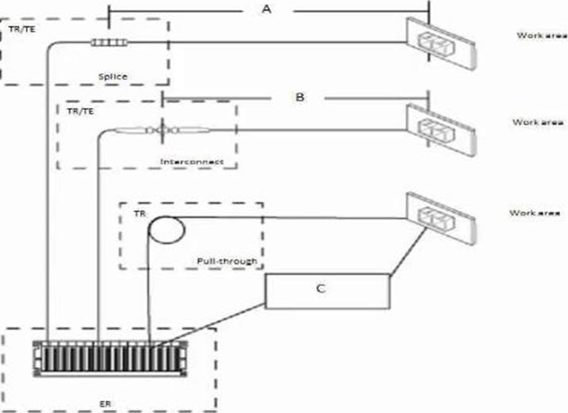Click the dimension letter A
click(267, 9)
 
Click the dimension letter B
click(300, 97)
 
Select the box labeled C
click(328, 292)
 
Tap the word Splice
click(113, 77)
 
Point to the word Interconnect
click(192, 162)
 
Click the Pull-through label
click(227, 261)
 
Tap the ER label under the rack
click(106, 403)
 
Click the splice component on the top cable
click(109, 43)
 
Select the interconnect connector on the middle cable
click(163, 130)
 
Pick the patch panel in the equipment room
click(110, 358)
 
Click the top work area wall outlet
click(441, 44)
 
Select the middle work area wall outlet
click(441, 129)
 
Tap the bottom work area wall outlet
click(441, 218)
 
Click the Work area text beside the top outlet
click(542, 36)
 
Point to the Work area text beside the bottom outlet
click(535, 212)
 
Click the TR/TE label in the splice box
click(22, 29)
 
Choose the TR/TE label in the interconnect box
click(80, 111)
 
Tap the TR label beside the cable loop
click(140, 214)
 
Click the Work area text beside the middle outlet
click(538, 122)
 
